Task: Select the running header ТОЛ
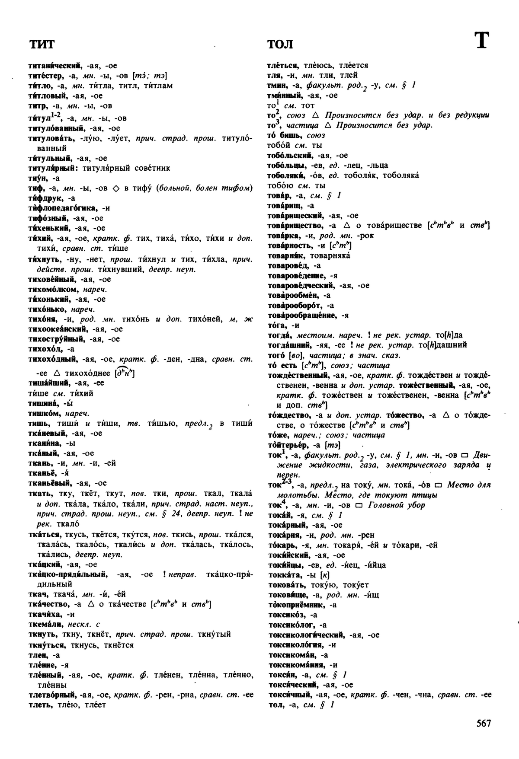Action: click(x=280, y=44)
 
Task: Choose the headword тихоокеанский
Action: click(x=57, y=329)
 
